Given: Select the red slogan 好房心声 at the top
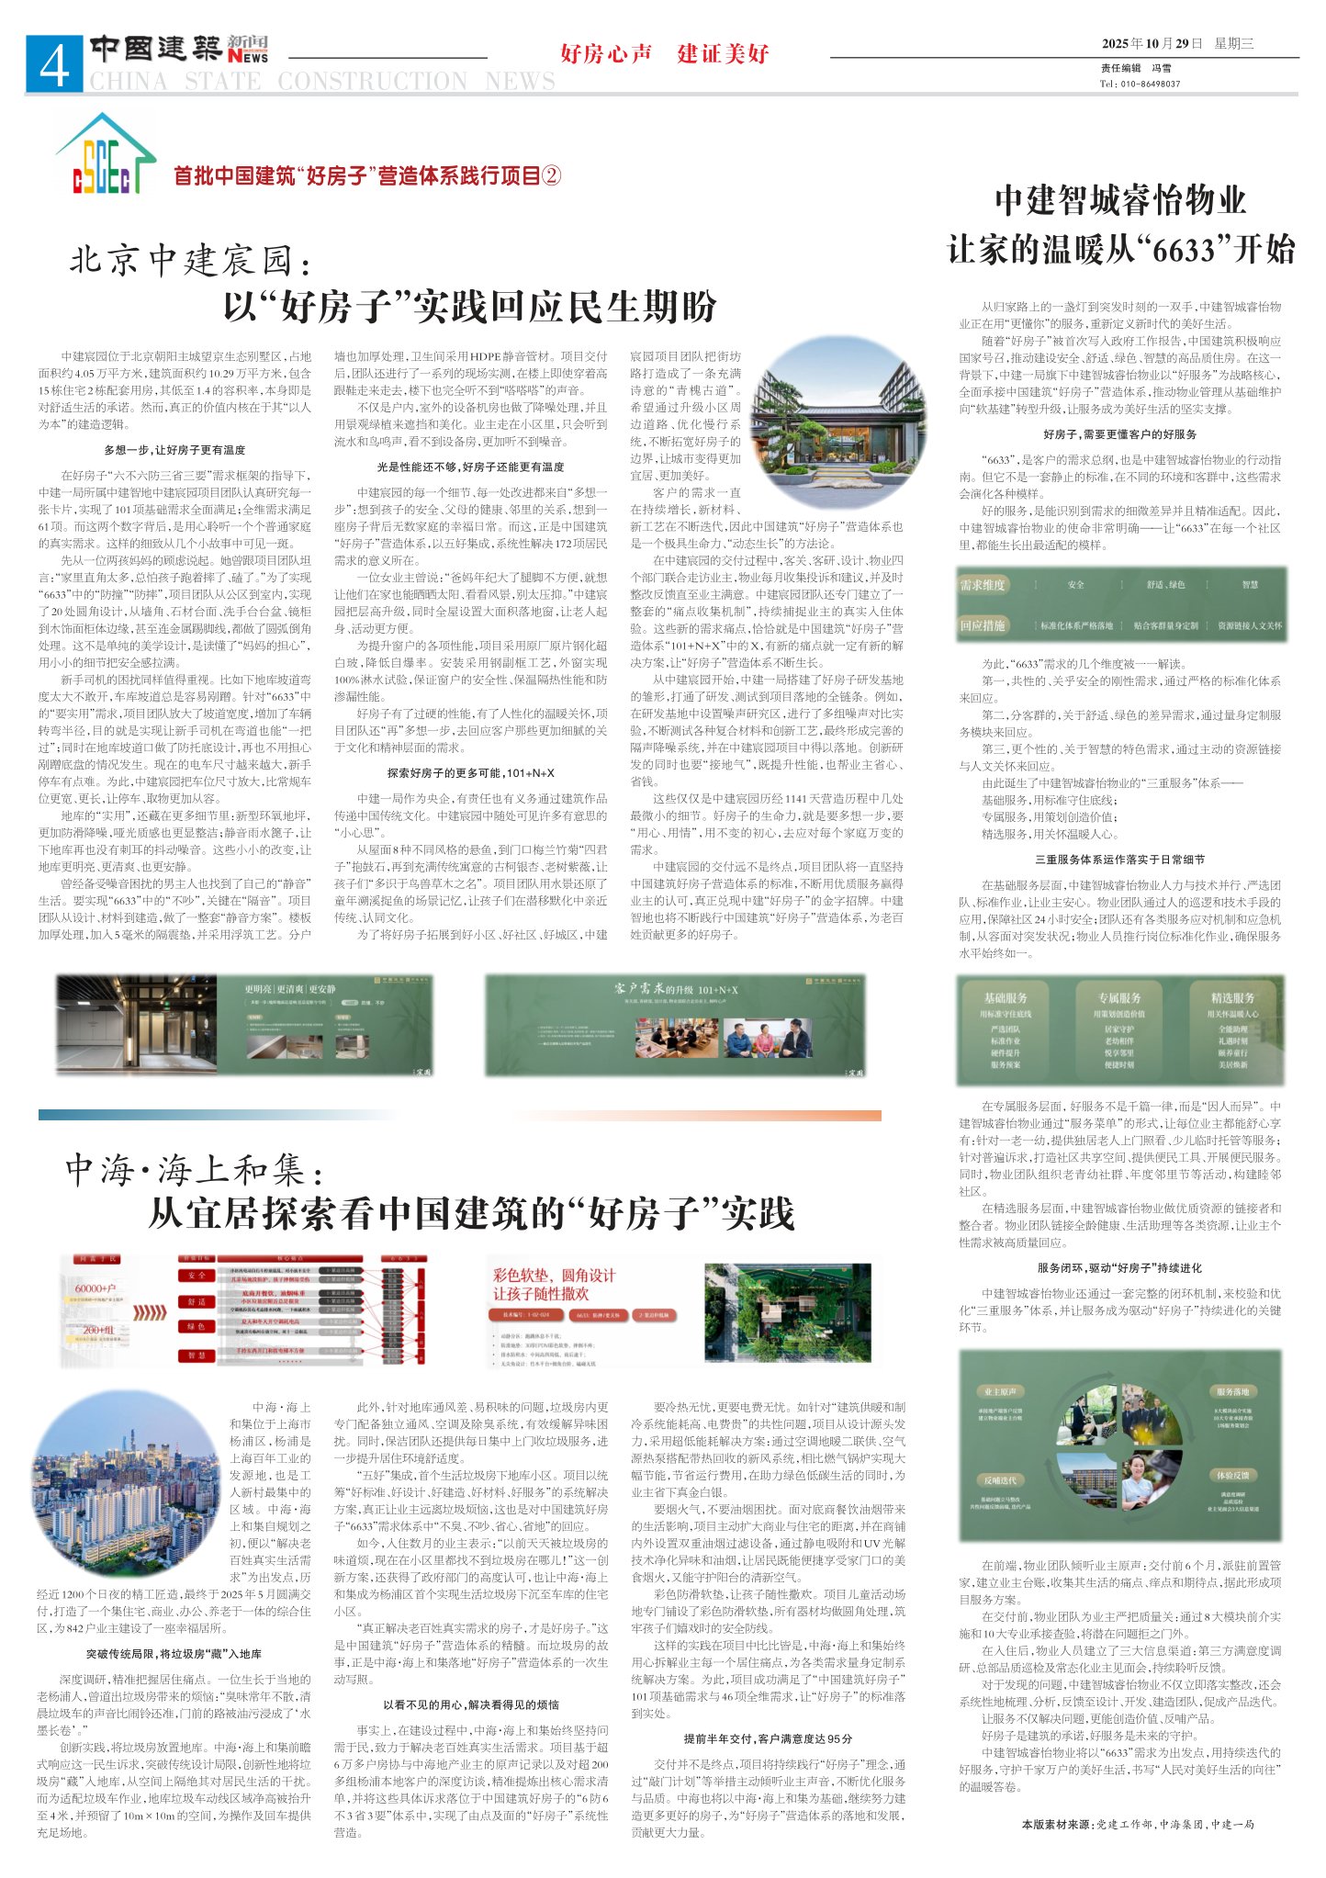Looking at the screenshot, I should (x=605, y=53).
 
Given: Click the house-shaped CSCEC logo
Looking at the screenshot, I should (x=105, y=155).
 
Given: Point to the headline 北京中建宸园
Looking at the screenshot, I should (x=190, y=261).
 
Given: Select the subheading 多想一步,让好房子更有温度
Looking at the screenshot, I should (x=174, y=450).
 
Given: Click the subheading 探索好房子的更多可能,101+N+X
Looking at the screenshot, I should (x=470, y=772).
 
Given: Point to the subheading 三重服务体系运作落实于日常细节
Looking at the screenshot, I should (x=1119, y=860).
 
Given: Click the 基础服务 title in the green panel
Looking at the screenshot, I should (x=1005, y=998).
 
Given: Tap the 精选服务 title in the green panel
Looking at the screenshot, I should (x=1232, y=998).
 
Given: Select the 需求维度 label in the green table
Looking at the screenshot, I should (x=983, y=585).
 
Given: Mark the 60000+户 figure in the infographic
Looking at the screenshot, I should (x=96, y=1288).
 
